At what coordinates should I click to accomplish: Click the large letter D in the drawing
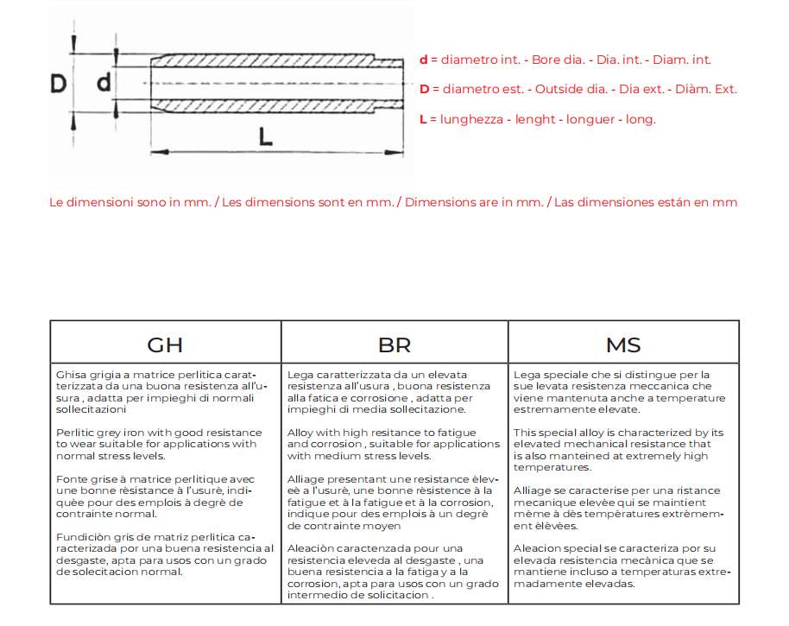(x=59, y=83)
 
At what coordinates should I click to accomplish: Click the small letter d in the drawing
(x=104, y=83)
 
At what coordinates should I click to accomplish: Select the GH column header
(x=165, y=345)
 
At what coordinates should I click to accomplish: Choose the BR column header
(x=394, y=345)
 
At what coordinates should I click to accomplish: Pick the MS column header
(x=623, y=345)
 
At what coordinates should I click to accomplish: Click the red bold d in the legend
(x=424, y=60)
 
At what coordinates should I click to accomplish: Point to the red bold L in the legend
(x=423, y=119)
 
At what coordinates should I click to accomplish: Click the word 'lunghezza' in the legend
(x=472, y=119)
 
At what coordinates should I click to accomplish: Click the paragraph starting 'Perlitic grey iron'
(x=159, y=444)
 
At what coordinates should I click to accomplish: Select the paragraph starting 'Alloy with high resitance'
(x=393, y=444)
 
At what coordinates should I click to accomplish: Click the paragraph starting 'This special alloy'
(x=618, y=450)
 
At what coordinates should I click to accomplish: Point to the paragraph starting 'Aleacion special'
(x=622, y=566)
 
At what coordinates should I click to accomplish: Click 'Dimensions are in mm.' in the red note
(x=474, y=202)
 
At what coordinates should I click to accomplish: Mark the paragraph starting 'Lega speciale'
(x=620, y=392)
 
